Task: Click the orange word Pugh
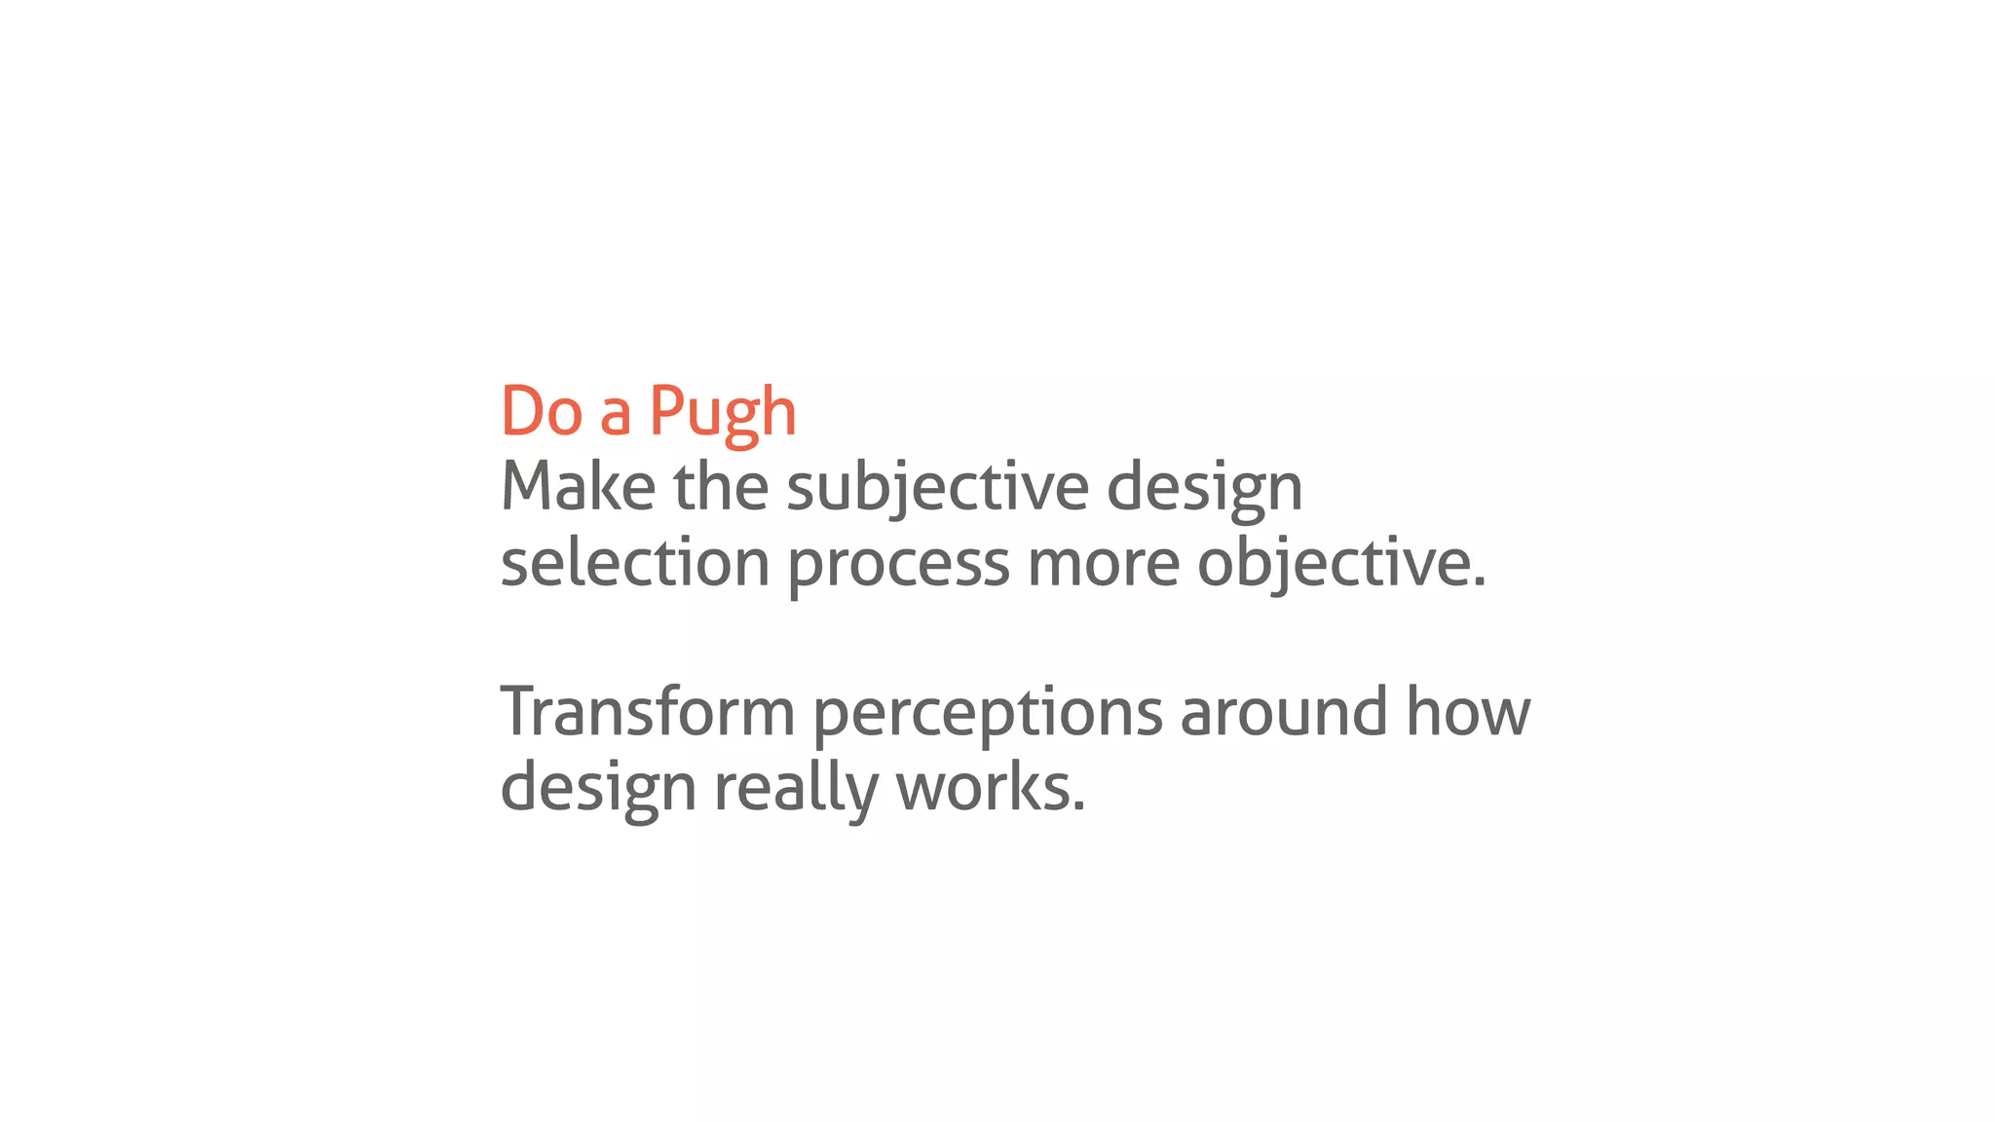[722, 413]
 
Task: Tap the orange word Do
[542, 411]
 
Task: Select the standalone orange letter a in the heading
[615, 415]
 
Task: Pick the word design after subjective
[1204, 489]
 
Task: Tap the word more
[1103, 565]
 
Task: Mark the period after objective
[1480, 582]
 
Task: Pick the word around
[1283, 712]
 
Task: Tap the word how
[1468, 712]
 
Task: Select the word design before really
[598, 790]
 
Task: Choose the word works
[982, 788]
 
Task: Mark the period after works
[1078, 806]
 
